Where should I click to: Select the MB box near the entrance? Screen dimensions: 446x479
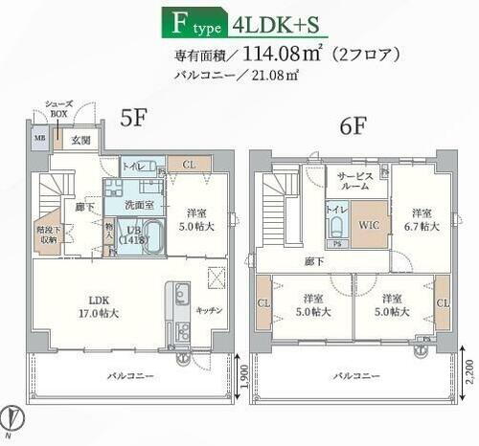41,139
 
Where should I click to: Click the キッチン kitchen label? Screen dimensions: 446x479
209,310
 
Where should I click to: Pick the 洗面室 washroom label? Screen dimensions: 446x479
136,204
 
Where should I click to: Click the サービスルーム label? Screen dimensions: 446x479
355,183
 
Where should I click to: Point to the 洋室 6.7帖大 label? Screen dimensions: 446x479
421,219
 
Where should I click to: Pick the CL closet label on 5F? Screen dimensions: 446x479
189,165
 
